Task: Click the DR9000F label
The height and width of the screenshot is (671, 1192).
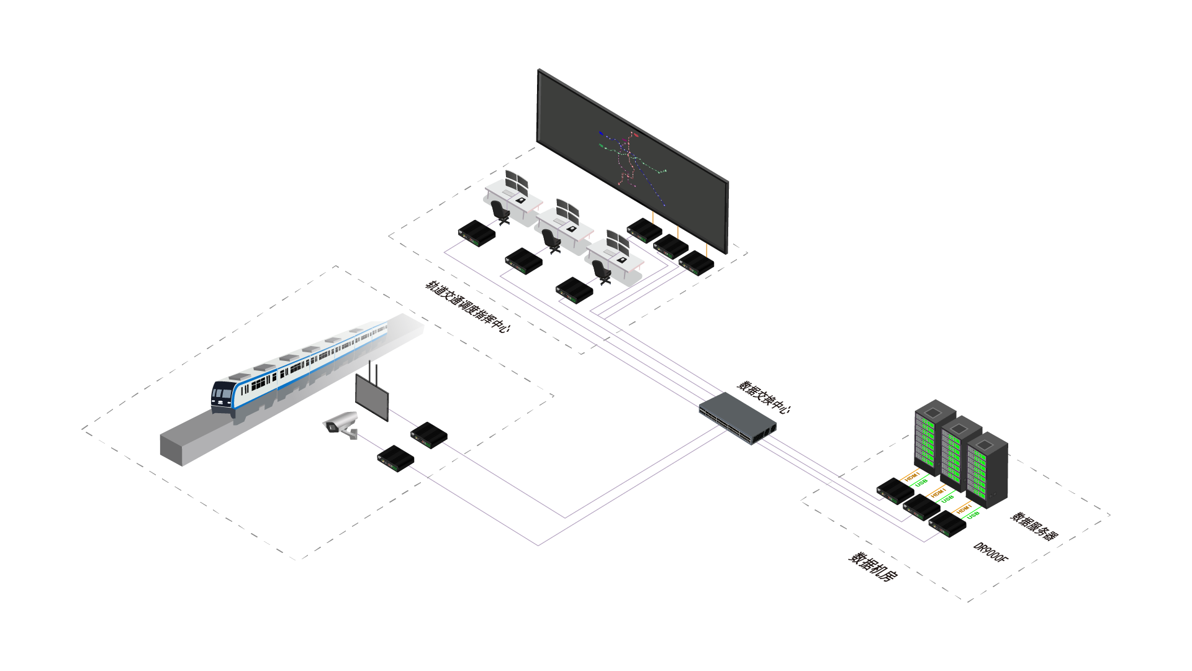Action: pyautogui.click(x=990, y=552)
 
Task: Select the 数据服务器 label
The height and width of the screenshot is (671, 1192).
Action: pyautogui.click(x=1034, y=526)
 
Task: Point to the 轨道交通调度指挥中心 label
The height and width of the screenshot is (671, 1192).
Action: pyautogui.click(x=467, y=306)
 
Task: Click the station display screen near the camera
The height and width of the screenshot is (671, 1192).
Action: pyautogui.click(x=371, y=396)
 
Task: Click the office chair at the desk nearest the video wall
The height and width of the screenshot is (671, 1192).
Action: pyautogui.click(x=601, y=272)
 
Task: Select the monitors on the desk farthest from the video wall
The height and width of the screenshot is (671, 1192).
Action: pyautogui.click(x=516, y=181)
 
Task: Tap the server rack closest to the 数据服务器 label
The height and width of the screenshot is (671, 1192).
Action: pyautogui.click(x=987, y=469)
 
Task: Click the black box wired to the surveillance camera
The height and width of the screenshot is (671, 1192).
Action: pyautogui.click(x=395, y=459)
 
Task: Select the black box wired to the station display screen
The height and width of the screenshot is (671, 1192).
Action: pyautogui.click(x=429, y=435)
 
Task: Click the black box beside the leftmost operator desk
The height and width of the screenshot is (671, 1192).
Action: pyautogui.click(x=477, y=233)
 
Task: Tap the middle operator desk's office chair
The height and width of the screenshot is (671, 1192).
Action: pyautogui.click(x=551, y=240)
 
